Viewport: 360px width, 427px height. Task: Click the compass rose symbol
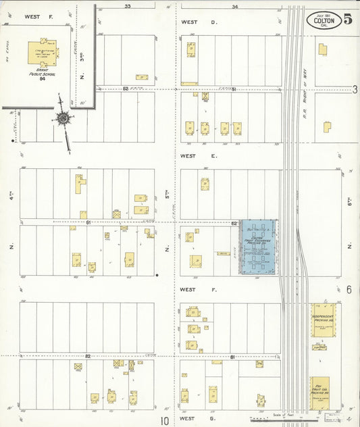[x=63, y=120]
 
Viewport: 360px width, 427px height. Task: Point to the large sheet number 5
[x=347, y=19]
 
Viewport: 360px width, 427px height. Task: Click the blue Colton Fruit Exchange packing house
[x=259, y=246]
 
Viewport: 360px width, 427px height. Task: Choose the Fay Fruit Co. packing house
[x=322, y=391]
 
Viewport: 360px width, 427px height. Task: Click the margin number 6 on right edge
[x=349, y=290]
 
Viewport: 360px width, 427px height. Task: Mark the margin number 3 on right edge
[x=354, y=89]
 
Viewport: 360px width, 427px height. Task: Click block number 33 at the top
[x=128, y=7]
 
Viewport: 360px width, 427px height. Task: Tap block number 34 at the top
[x=234, y=7]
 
